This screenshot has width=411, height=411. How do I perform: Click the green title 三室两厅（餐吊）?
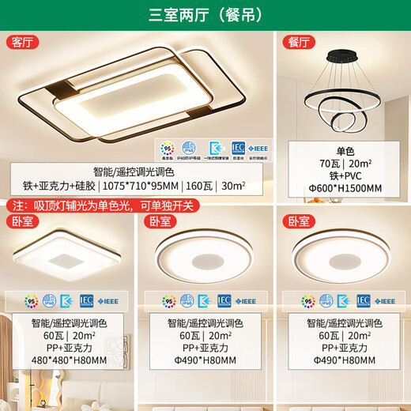tap(205, 13)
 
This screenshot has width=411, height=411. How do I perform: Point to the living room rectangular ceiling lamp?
tap(134, 99)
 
